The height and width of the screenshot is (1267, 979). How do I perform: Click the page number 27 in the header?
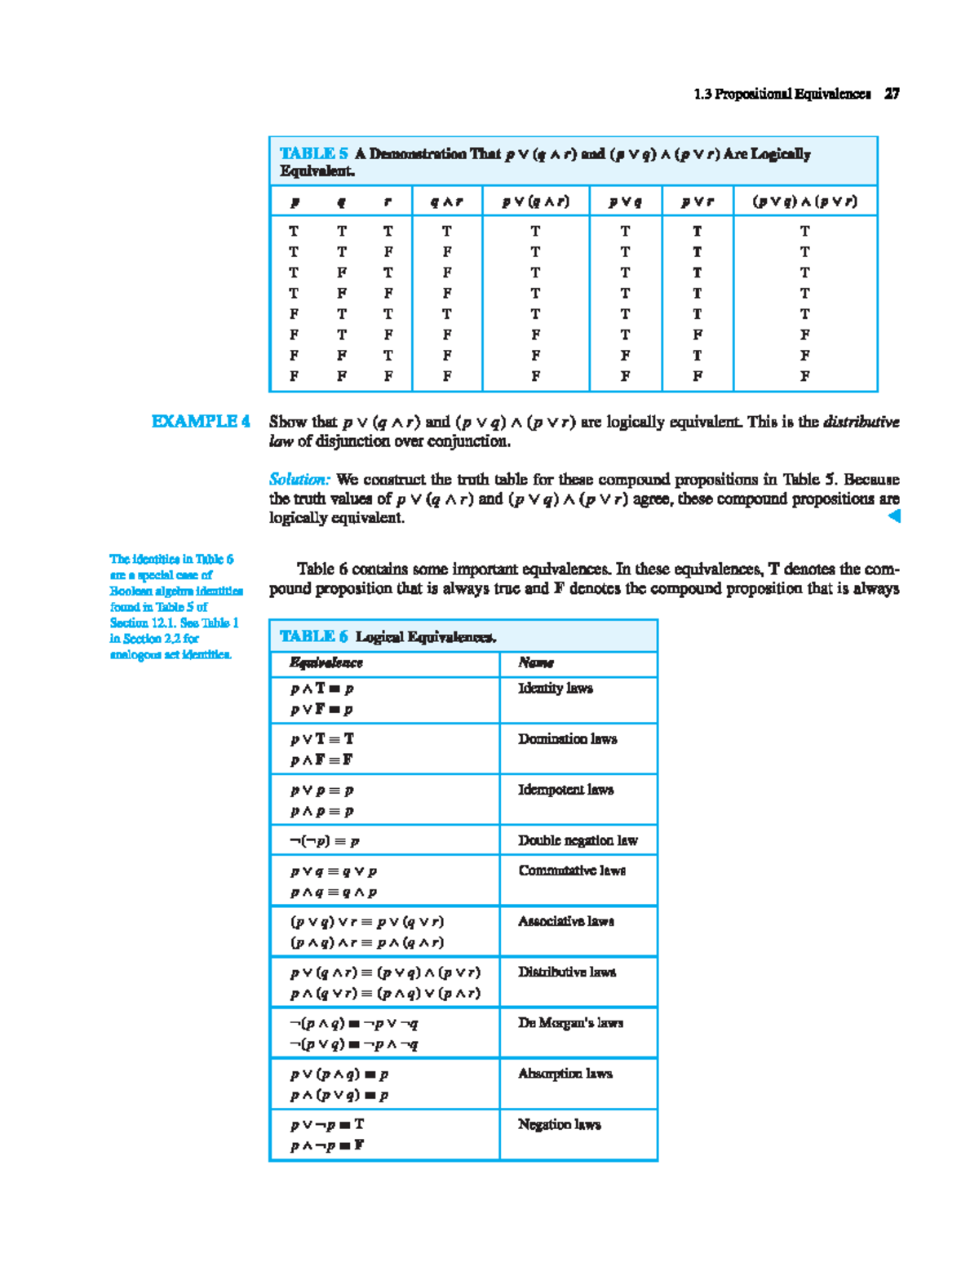[x=892, y=94]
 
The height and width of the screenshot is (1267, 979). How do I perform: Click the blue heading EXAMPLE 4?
[x=200, y=422]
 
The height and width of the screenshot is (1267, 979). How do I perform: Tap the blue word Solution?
[x=299, y=480]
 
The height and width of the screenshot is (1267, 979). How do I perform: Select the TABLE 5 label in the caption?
[x=313, y=153]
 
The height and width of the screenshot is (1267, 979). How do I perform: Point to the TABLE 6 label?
[x=313, y=636]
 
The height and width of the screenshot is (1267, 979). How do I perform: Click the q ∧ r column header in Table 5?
[x=446, y=202]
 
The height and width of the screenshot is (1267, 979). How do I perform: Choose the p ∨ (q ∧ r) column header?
[x=535, y=202]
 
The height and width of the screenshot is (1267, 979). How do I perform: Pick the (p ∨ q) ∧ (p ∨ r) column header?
[x=804, y=202]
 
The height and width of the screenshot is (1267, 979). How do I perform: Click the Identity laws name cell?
[x=556, y=689]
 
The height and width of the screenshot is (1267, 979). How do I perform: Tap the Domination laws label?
[x=568, y=739]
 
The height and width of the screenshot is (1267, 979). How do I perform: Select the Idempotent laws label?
[x=565, y=790]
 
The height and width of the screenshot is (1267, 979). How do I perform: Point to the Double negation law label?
[x=578, y=840]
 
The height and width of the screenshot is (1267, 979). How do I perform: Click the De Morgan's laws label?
[x=570, y=1023]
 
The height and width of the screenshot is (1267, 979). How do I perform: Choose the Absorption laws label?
[x=565, y=1074]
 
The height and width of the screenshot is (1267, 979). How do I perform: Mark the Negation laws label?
[x=559, y=1124]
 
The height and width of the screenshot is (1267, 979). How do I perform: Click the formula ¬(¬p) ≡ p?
[x=325, y=841]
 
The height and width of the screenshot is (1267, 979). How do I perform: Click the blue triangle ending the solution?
[x=894, y=516]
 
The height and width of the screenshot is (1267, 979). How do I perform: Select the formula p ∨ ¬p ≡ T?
[x=327, y=1125]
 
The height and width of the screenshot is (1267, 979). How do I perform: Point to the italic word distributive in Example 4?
[x=861, y=422]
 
